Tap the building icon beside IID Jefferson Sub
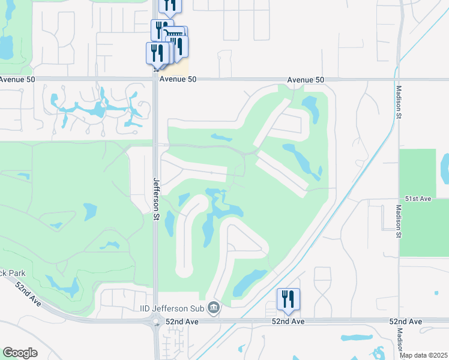213,308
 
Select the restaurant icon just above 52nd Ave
288,299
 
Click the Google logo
20,353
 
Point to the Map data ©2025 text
424,355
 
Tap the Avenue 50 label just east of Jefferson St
178,79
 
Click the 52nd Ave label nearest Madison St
405,322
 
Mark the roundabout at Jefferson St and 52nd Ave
156,322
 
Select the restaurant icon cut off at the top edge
170,6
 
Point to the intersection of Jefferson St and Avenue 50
155,79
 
